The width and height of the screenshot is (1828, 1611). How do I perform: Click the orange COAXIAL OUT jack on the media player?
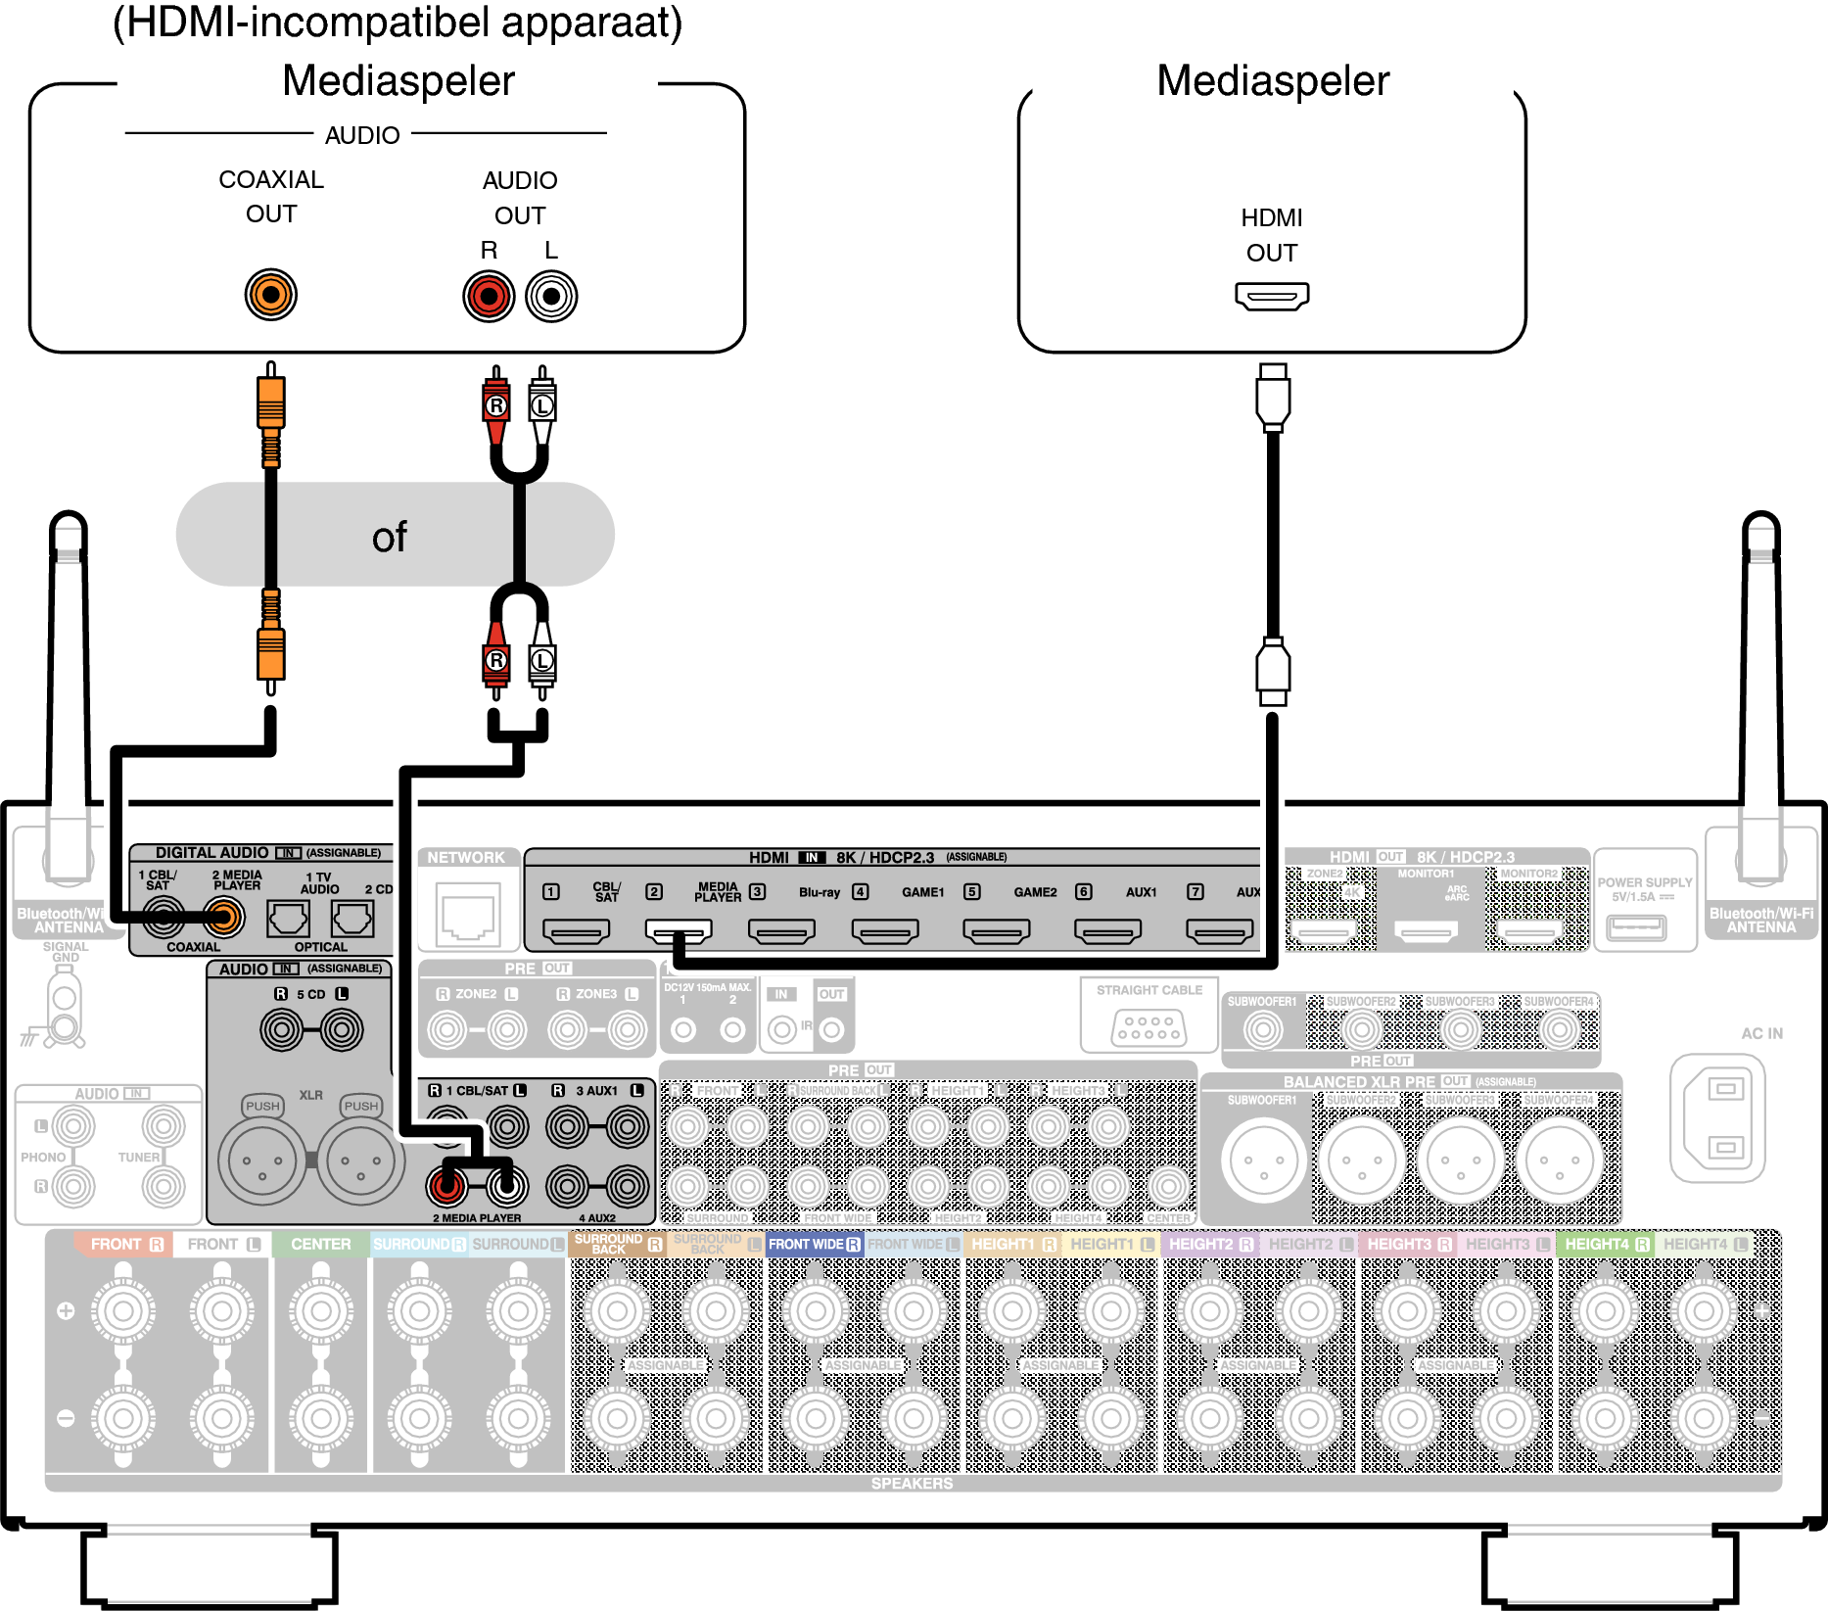(271, 295)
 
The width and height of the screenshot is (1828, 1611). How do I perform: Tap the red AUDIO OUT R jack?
(489, 297)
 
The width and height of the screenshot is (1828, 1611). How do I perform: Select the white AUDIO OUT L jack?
(551, 297)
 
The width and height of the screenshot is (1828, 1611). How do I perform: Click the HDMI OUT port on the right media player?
(1272, 295)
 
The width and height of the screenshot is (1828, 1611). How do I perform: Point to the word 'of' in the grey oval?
(389, 538)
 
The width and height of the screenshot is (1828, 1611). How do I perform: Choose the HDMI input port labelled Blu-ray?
(781, 930)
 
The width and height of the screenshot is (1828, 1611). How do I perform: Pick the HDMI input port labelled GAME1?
(885, 930)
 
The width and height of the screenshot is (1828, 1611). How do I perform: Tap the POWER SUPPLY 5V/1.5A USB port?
(1636, 925)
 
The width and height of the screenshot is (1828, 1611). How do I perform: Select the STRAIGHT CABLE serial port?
(1149, 1026)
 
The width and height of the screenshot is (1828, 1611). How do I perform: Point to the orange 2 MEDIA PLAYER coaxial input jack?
(224, 918)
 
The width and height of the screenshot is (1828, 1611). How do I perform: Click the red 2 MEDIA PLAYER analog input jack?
(446, 1186)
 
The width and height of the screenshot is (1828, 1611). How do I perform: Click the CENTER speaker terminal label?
(321, 1245)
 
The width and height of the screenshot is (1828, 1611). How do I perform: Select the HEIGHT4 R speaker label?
(1607, 1245)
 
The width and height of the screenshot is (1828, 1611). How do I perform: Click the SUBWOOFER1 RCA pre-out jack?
(1263, 1029)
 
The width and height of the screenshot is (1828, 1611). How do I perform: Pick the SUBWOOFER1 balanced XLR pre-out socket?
(1263, 1161)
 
